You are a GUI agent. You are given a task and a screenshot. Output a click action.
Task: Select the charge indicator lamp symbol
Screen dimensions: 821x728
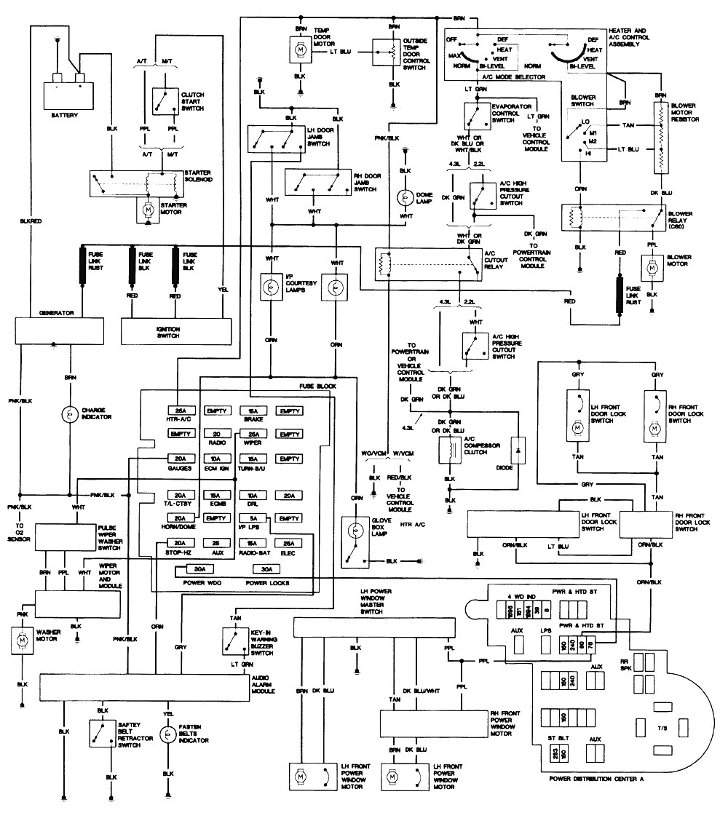click(x=70, y=415)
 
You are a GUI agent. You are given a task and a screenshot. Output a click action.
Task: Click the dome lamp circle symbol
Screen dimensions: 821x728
click(x=404, y=197)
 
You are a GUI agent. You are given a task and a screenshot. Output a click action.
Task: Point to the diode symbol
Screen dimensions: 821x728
click(x=519, y=451)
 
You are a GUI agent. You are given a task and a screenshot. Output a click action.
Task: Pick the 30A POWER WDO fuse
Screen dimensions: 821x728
click(x=194, y=568)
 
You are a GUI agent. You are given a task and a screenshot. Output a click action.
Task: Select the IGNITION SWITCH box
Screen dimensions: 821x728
click(x=177, y=332)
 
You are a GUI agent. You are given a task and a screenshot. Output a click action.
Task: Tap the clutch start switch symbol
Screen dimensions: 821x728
click(x=167, y=100)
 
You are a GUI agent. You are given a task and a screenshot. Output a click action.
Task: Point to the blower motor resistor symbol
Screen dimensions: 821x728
click(x=660, y=138)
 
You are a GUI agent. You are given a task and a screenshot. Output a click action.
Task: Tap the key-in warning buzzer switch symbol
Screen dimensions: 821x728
click(x=234, y=640)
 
